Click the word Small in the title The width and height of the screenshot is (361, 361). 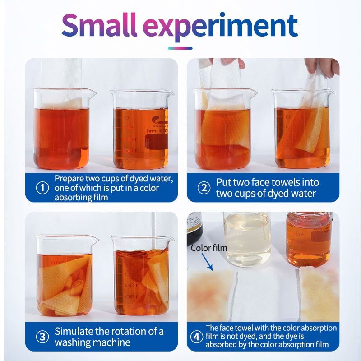coord(99,25)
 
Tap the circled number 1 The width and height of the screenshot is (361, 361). coord(42,188)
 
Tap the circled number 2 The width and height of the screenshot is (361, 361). coord(204,188)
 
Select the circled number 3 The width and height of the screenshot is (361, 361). coord(42,337)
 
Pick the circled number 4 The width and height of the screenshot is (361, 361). coord(196,337)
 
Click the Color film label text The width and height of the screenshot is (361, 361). coord(209,248)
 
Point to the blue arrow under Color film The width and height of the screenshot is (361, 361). coord(207,262)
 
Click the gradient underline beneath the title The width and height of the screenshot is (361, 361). coord(180,48)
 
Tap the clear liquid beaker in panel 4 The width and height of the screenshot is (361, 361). coord(247,240)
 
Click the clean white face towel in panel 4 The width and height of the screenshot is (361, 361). coord(257,295)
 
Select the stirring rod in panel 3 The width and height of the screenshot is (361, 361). coord(153,230)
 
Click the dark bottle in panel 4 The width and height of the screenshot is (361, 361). coord(194,228)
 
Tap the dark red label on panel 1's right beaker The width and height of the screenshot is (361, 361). coord(157,141)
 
